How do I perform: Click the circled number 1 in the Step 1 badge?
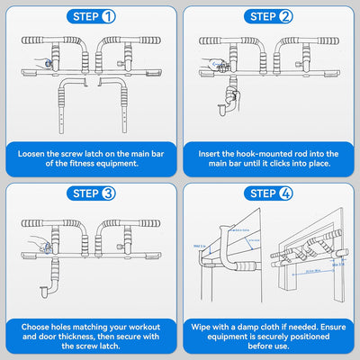[x=107, y=16]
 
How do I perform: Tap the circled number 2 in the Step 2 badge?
[x=286, y=16]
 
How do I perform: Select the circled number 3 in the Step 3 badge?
[x=107, y=193]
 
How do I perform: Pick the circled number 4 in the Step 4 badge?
[x=286, y=193]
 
